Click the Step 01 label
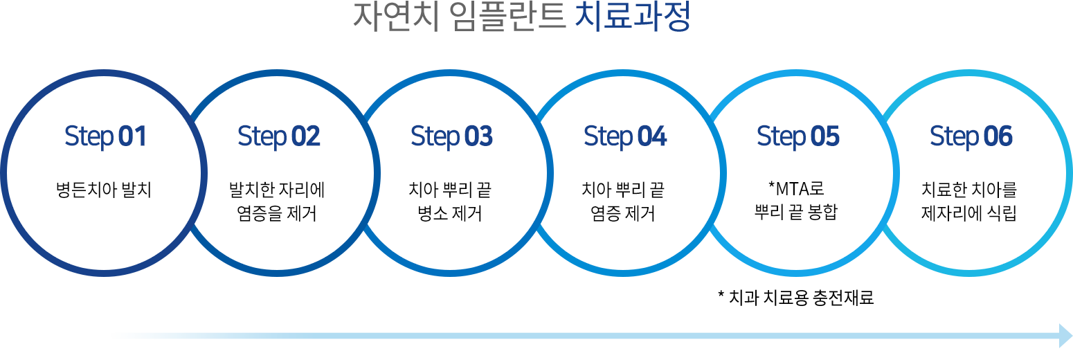tap(105, 136)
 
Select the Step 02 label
tap(279, 136)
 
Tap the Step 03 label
tap(452, 136)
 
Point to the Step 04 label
tap(625, 136)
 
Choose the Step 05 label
tap(798, 136)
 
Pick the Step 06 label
tap(971, 136)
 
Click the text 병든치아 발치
tap(104, 190)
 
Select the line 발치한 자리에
tap(277, 190)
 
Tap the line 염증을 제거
tap(277, 213)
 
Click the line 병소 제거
tap(450, 213)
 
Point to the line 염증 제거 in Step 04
tap(623, 213)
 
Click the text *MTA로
tap(796, 188)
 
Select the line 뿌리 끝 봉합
tap(796, 212)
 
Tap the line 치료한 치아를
tap(969, 190)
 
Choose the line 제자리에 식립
tap(969, 213)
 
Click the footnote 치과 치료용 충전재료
tap(801, 298)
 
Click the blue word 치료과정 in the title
tap(632, 17)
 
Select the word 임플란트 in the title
tap(509, 17)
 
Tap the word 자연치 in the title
tap(397, 17)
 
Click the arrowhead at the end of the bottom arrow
tap(1066, 336)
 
